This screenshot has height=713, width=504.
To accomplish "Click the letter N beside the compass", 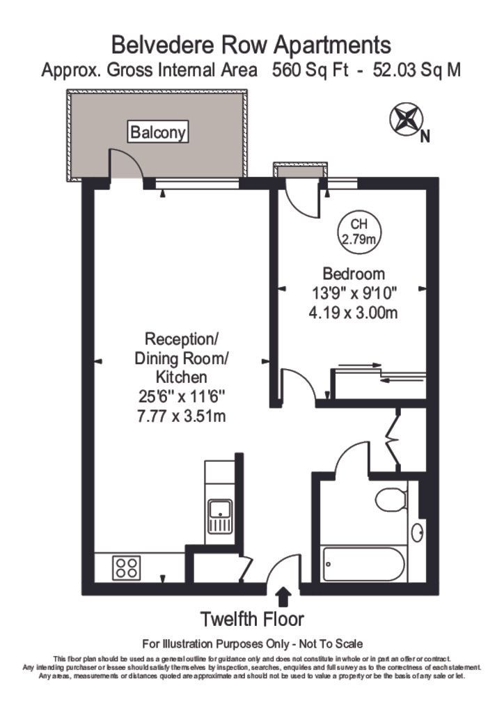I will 425,137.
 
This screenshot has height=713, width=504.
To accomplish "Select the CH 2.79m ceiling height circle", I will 359,233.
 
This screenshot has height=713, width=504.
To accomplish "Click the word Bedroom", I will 354,274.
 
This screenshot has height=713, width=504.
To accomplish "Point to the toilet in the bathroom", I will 390,499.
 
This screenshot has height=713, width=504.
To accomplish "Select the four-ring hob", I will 126,567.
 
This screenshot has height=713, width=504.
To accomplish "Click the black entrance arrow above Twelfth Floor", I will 283,596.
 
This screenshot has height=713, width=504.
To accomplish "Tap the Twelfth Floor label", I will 252,618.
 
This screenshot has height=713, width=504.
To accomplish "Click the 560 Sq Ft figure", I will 307,70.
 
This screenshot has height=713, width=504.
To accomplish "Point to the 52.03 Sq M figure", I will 416,70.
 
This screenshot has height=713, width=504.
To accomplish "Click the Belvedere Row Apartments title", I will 252,46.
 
